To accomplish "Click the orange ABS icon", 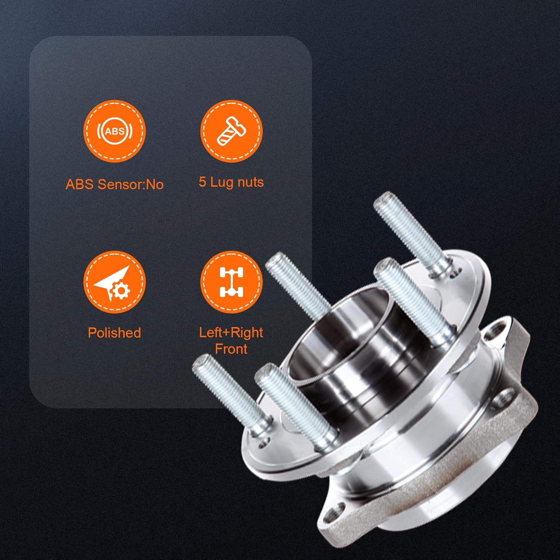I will (114, 131).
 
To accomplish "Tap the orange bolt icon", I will (231, 131).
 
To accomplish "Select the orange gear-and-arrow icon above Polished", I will (114, 282).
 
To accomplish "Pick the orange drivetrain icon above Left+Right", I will (231, 282).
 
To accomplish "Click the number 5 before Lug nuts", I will (202, 182).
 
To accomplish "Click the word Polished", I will (114, 333).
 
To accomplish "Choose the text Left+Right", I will (231, 332).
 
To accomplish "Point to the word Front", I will (231, 349).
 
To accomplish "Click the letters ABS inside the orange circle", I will (114, 131).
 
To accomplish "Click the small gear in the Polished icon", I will (120, 291).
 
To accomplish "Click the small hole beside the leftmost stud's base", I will (265, 444).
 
